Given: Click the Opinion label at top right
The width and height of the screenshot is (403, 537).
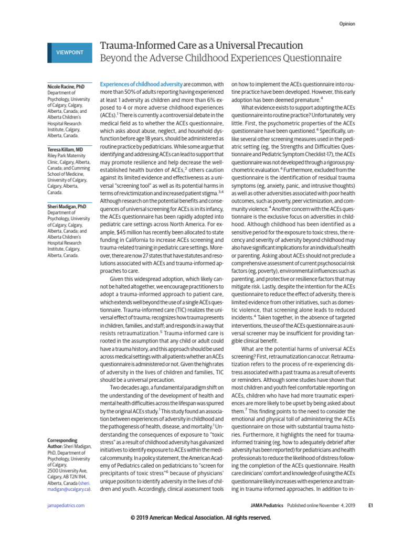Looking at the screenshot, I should point(346,24).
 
